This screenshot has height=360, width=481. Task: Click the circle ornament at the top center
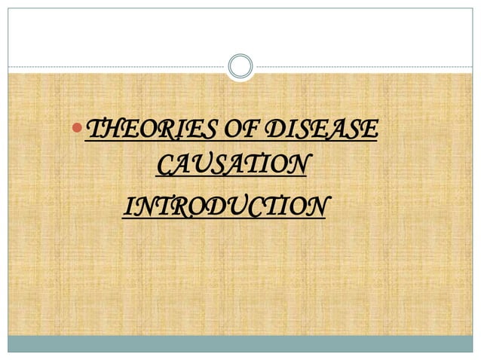(x=240, y=66)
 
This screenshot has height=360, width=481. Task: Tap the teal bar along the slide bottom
(x=240, y=343)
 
